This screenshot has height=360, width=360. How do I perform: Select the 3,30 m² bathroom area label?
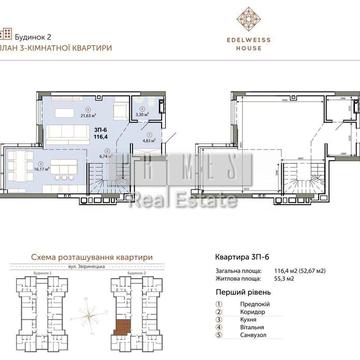click(142, 115)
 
